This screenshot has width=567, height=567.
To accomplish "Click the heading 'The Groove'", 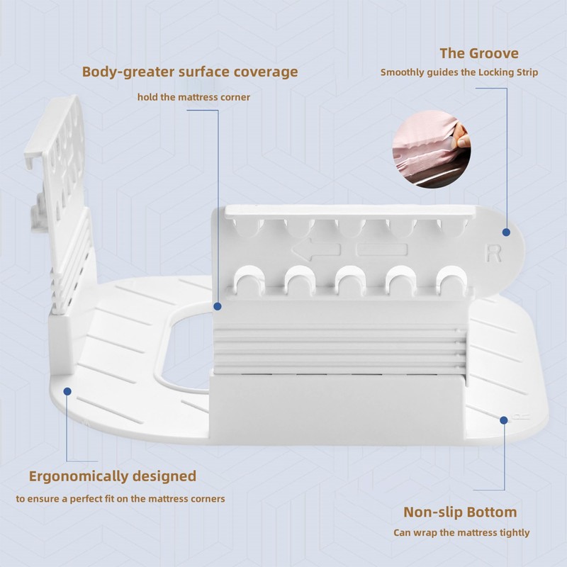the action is (479, 53).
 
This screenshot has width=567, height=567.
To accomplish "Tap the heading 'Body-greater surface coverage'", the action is (190, 72).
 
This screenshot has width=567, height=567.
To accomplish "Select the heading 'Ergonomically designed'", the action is (113, 476).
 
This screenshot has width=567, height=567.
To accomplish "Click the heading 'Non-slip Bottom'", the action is (460, 512).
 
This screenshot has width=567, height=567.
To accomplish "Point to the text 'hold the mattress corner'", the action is (193, 97).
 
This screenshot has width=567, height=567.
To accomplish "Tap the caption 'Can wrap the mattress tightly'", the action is (461, 533).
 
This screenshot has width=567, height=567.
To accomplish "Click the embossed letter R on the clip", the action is (493, 254).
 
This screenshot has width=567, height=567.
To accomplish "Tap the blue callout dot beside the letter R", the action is (506, 232).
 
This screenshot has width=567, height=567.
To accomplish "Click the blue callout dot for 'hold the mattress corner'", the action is (218, 307).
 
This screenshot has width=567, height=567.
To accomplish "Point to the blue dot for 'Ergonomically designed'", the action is (68, 391).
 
